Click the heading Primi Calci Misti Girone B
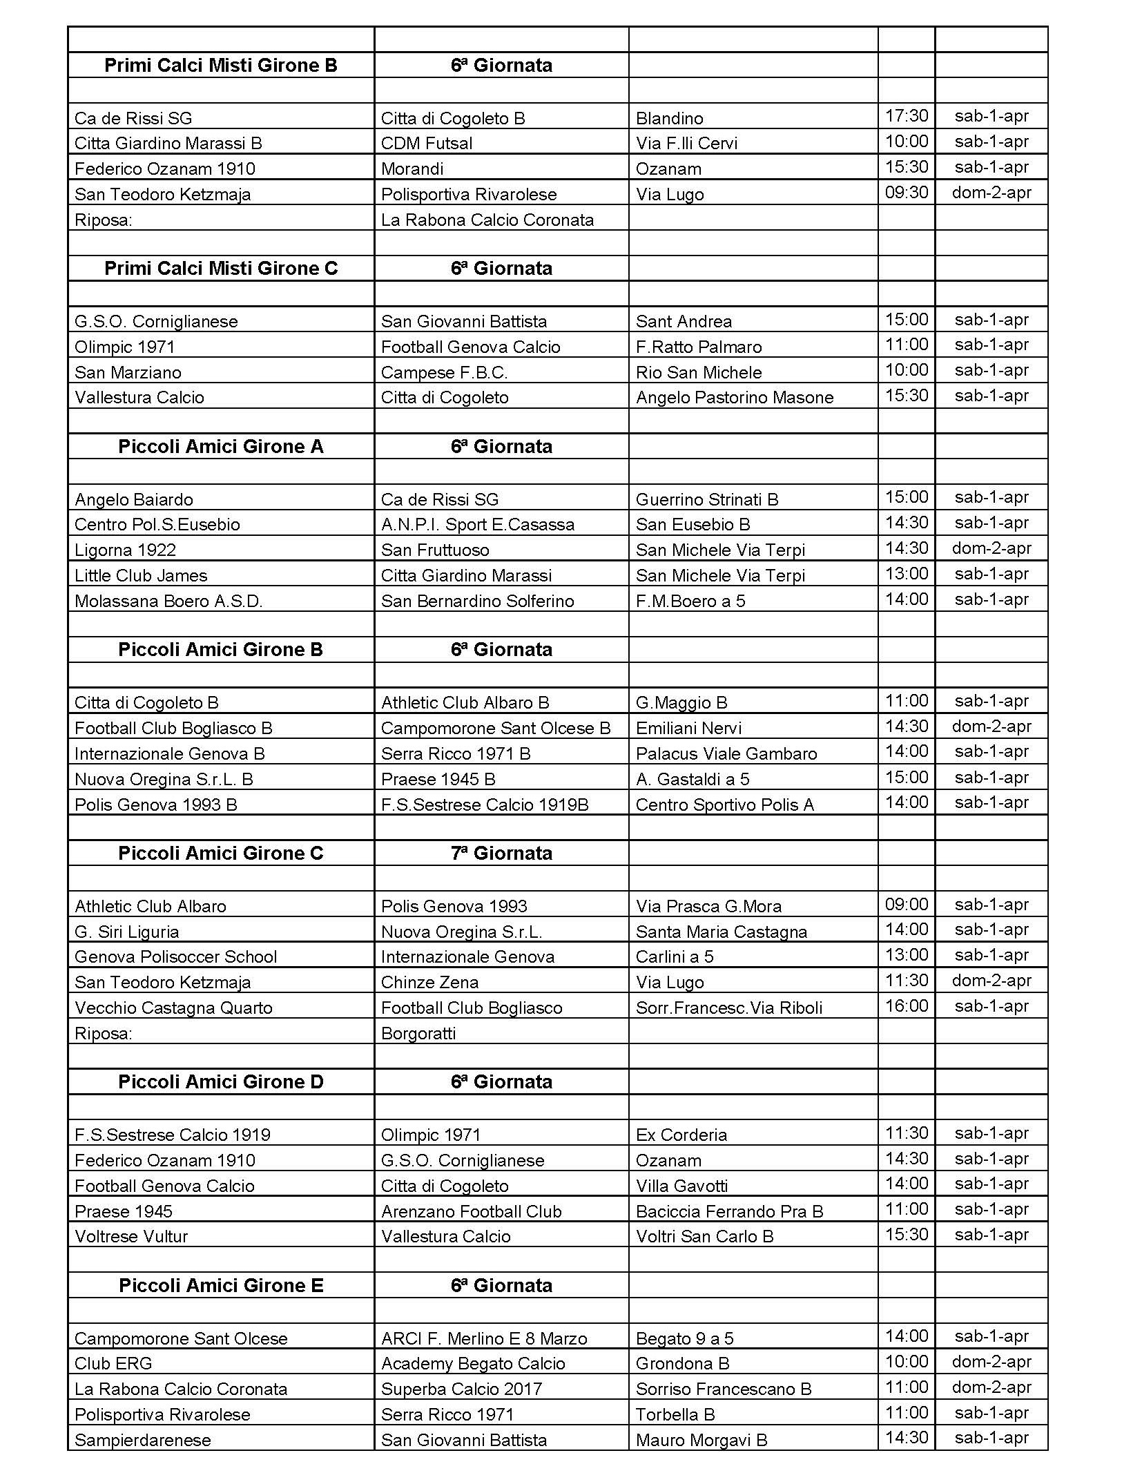[x=220, y=66]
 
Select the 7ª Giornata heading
[x=501, y=854]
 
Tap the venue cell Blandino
[x=669, y=118]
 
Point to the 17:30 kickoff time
[x=906, y=116]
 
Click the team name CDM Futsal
[x=426, y=144]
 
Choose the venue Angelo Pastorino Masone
[x=734, y=398]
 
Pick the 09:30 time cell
[x=906, y=193]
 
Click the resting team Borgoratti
[x=418, y=1034]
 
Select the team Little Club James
[x=140, y=576]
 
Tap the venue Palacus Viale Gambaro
[x=726, y=754]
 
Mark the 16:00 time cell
[x=906, y=1006]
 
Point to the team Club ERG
[x=113, y=1364]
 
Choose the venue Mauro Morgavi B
[x=701, y=1441]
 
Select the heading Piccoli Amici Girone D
[x=220, y=1082]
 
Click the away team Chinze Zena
[x=429, y=983]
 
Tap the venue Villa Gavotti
[x=681, y=1186]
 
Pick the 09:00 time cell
[x=906, y=905]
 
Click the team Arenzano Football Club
[x=471, y=1212]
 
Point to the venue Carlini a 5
[x=674, y=957]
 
